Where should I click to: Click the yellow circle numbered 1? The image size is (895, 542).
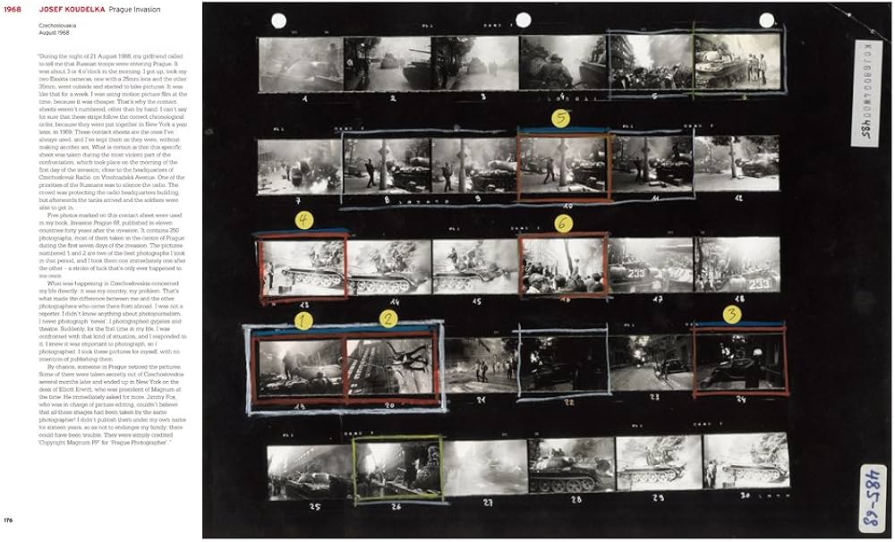pyautogui.click(x=303, y=318)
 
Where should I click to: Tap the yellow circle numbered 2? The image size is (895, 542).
pyautogui.click(x=388, y=318)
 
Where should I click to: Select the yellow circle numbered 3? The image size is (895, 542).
pyautogui.click(x=732, y=314)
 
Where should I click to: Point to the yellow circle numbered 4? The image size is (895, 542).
pyautogui.click(x=305, y=219)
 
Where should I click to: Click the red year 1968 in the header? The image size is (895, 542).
pyautogui.click(x=13, y=8)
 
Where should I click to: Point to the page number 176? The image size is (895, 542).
pyautogui.click(x=9, y=521)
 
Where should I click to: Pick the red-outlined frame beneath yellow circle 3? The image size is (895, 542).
pyautogui.click(x=739, y=359)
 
